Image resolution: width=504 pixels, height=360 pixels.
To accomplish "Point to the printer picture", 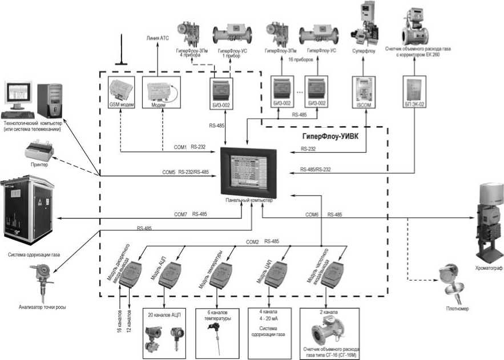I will (x=40, y=152).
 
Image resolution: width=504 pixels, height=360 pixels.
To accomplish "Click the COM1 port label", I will (x=180, y=147).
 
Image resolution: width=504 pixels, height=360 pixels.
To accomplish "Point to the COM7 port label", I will (x=180, y=214).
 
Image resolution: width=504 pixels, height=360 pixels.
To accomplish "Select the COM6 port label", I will (x=312, y=214).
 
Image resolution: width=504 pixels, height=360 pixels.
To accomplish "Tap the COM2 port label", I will (x=252, y=241).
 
